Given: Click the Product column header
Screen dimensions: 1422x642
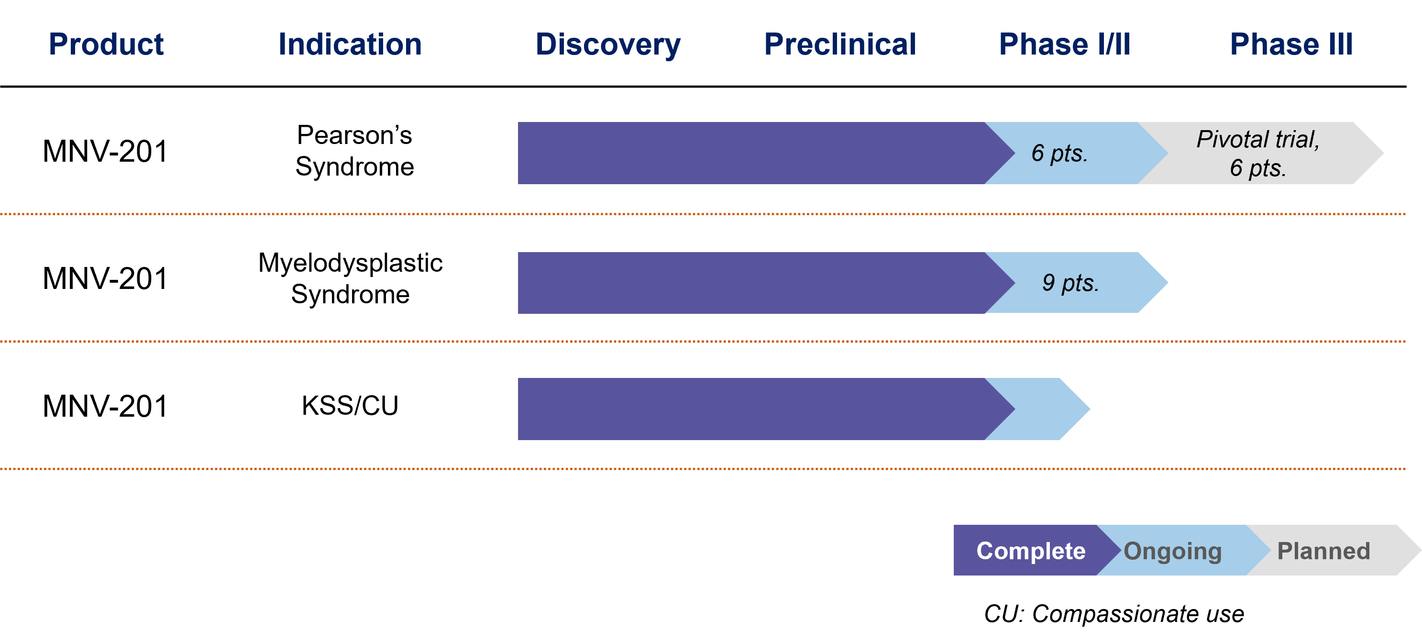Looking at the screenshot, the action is (106, 44).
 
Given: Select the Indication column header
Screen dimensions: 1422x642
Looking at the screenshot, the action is (350, 44).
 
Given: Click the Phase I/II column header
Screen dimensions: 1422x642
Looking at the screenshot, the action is (1065, 44).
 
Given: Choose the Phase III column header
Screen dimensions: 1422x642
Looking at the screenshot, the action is (1291, 44).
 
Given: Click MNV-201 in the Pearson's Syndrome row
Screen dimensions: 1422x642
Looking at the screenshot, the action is (105, 151).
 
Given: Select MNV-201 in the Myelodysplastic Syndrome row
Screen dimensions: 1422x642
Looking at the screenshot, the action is (105, 278).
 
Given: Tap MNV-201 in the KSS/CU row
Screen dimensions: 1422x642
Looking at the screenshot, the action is (105, 406).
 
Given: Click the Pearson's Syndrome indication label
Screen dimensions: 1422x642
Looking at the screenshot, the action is (354, 151).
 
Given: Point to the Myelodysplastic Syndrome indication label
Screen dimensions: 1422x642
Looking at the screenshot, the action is (351, 278).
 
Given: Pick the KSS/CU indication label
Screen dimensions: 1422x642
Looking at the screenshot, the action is (350, 406).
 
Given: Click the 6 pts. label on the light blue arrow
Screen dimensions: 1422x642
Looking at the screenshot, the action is (1059, 154).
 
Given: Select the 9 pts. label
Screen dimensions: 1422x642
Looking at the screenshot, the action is (1070, 283).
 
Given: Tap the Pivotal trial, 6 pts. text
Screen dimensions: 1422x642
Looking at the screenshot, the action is (1258, 154).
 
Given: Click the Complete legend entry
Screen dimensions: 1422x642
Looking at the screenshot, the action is (1031, 551).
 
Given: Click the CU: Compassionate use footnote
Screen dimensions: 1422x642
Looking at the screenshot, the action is (1114, 614).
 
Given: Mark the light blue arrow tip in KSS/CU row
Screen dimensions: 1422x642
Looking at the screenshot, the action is (1090, 409).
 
